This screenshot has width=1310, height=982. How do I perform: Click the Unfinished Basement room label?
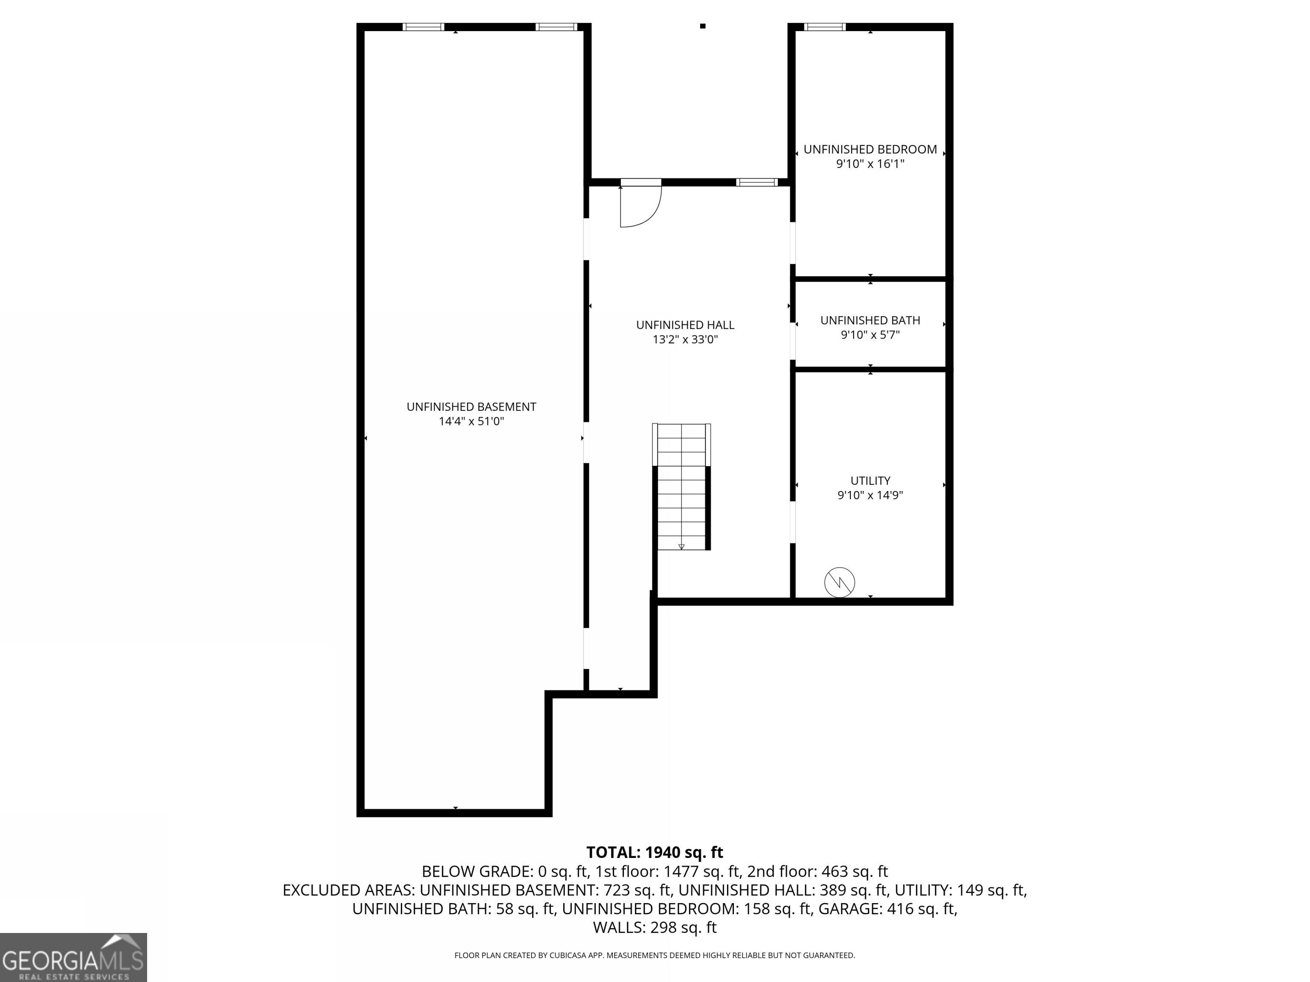[471, 407]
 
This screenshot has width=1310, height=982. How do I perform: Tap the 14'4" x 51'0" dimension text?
[471, 422]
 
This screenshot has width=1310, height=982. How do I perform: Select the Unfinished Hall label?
[685, 325]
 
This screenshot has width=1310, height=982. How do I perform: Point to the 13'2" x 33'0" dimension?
[685, 340]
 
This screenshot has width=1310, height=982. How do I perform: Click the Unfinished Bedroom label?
[870, 149]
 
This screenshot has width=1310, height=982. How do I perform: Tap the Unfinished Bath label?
[870, 320]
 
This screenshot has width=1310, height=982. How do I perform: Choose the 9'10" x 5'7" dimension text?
[870, 335]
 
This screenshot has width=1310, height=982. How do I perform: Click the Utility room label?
[870, 481]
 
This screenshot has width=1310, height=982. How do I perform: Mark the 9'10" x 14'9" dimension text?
[870, 495]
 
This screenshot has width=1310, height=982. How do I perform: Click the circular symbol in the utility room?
[840, 583]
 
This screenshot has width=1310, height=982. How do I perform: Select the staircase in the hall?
[681, 487]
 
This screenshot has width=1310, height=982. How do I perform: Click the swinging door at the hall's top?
[640, 204]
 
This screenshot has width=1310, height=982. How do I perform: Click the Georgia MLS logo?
[73, 957]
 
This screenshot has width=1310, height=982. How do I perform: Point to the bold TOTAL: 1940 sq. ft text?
[655, 852]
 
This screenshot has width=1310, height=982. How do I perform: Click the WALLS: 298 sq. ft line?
[655, 927]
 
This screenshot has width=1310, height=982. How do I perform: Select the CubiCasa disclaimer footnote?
[655, 956]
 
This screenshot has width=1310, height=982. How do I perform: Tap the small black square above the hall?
[703, 26]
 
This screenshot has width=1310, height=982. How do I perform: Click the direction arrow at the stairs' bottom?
[681, 546]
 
